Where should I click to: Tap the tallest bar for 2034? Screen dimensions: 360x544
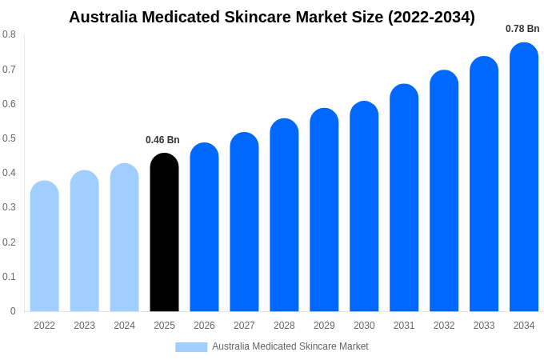pos(524,177)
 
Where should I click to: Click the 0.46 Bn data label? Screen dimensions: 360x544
pos(162,140)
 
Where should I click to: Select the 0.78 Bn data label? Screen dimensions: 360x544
pos(522,29)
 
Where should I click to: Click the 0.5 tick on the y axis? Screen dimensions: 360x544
pos(9,138)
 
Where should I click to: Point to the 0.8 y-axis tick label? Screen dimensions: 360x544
pos(9,34)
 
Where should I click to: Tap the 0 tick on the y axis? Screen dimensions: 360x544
pos(13,311)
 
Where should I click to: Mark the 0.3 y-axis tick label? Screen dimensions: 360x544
pos(9,207)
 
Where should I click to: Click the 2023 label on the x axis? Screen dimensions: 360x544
pos(84,326)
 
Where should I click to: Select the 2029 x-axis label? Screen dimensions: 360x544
pos(324,326)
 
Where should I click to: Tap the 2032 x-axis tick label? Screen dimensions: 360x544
pos(444,326)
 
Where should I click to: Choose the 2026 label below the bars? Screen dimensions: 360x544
pos(204,326)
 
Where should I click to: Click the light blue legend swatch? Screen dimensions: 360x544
pos(191,346)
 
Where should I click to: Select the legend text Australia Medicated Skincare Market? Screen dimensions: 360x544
pos(290,346)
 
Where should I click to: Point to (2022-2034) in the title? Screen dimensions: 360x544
pos(431,17)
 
